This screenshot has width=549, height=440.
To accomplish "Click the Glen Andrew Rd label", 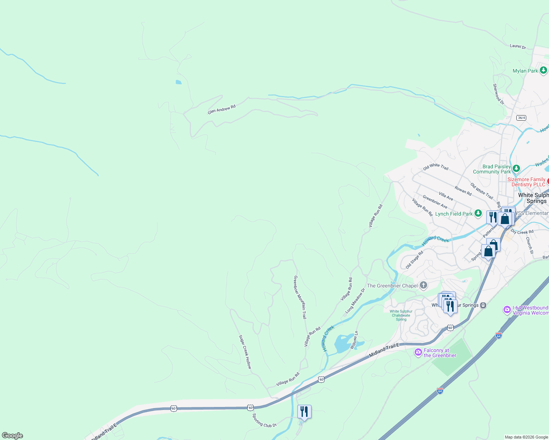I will pos(221,109).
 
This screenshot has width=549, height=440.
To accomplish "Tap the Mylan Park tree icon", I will pos(543,70).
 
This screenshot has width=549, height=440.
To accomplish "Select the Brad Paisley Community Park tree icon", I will pos(516,169).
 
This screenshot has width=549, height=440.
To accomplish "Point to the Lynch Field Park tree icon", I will pos(478,213).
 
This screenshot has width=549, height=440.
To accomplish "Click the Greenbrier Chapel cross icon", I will pos(423,285).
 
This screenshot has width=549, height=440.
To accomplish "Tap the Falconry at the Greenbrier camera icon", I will pos(418,352).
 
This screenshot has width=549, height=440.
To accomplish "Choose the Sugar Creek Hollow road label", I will pos(245,352).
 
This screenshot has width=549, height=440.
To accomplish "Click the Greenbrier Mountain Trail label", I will pos(300,297).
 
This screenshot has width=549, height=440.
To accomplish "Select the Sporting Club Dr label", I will pos(264,420).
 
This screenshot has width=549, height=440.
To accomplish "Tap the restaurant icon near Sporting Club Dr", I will pos(304,411).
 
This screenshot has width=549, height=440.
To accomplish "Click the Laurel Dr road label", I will pos(518,46).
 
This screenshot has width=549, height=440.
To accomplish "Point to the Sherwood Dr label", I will pos(498,94).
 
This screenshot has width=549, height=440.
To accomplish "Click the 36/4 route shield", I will pos(521,118).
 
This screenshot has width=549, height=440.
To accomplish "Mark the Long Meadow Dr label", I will pos(355,301).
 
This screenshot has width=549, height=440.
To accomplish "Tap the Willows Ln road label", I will pos(354,340).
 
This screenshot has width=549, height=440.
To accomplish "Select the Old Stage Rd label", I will pos(414,260).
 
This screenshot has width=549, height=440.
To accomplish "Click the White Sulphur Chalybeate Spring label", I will pos(401,315).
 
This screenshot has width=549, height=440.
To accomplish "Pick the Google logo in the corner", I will pos(12,436).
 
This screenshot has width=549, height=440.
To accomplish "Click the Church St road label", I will pos(529,245).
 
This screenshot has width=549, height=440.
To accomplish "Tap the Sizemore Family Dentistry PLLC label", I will pos(526,182).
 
